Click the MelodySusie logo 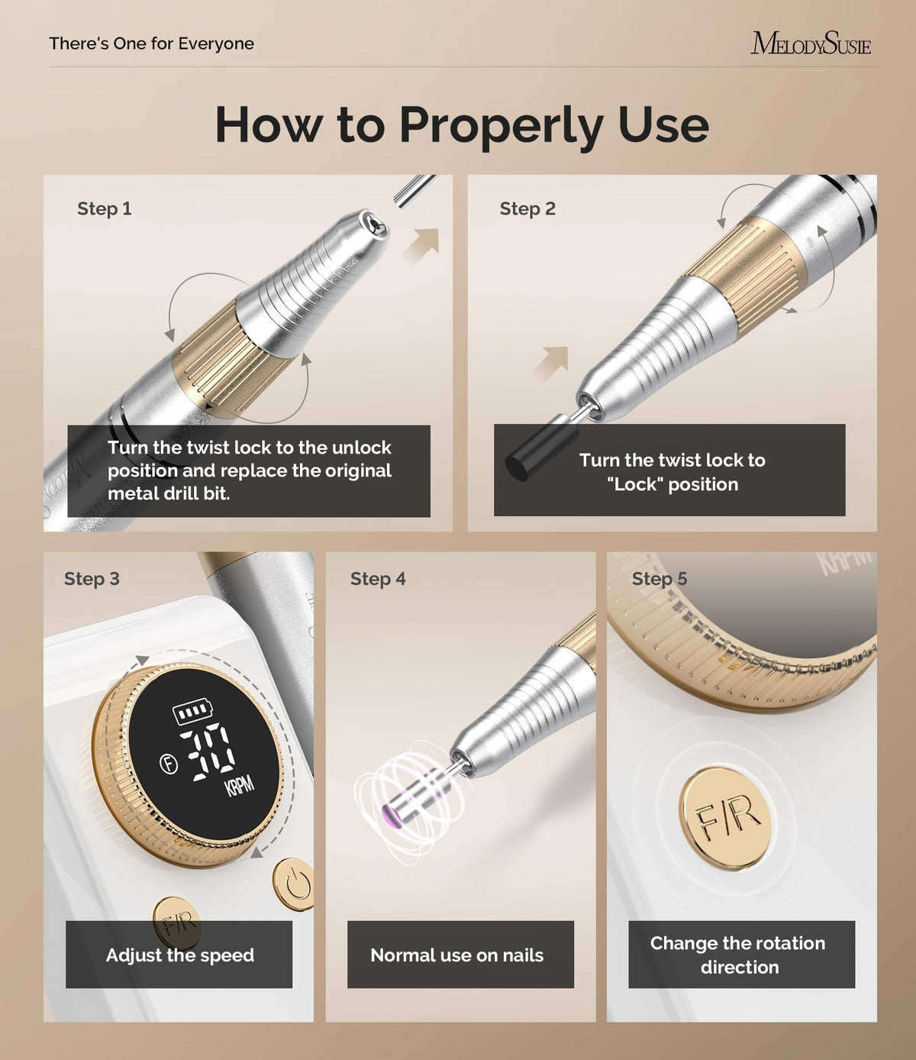[811, 44]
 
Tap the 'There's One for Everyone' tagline [151, 44]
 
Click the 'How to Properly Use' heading [462, 126]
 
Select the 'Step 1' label [105, 208]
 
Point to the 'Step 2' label [527, 208]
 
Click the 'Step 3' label [92, 578]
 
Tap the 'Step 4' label [378, 578]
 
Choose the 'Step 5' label [660, 578]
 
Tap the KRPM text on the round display [239, 785]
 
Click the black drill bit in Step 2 [538, 452]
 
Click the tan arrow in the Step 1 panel [421, 246]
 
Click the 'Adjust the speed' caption [180, 955]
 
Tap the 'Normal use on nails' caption [456, 955]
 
